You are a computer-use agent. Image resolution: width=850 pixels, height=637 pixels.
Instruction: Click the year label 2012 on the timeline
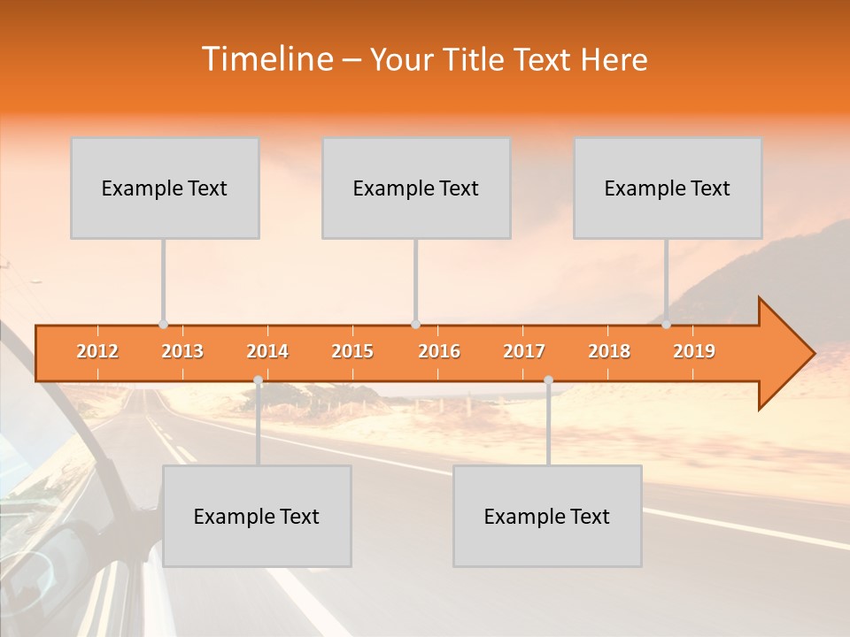point(97,351)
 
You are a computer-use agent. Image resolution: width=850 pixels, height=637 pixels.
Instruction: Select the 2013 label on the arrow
point(182,351)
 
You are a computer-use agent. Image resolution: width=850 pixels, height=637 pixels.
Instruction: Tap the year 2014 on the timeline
point(267,351)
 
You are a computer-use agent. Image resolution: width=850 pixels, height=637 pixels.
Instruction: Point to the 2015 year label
point(352,351)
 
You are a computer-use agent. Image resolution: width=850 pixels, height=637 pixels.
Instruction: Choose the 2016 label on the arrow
point(439,351)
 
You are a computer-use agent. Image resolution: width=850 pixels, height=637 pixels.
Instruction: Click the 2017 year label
point(524,351)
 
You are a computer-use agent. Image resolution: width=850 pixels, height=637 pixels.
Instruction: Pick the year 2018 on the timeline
point(609,351)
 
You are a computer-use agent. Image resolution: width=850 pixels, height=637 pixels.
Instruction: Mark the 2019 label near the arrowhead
point(694,351)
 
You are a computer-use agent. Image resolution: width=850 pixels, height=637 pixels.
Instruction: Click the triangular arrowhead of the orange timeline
point(784,354)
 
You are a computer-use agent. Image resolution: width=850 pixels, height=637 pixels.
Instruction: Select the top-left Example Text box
point(165,188)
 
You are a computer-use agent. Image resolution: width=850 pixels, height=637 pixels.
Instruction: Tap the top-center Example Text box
point(416,188)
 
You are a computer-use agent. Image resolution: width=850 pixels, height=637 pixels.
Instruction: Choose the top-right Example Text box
point(668,188)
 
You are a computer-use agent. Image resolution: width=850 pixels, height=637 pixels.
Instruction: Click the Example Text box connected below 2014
point(257,516)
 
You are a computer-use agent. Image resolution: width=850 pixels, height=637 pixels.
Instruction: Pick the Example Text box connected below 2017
point(547,516)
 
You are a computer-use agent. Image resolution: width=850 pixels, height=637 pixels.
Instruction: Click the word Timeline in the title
point(266,59)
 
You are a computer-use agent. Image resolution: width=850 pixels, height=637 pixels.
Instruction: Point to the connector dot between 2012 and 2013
point(163,325)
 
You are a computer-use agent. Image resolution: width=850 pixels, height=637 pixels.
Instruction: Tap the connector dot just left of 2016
point(415,325)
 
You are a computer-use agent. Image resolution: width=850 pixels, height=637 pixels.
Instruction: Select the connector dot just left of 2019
point(667,325)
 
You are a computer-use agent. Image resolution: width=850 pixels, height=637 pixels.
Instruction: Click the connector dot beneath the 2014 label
point(258,380)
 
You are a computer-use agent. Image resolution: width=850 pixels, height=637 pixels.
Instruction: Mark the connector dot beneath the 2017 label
point(548,380)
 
